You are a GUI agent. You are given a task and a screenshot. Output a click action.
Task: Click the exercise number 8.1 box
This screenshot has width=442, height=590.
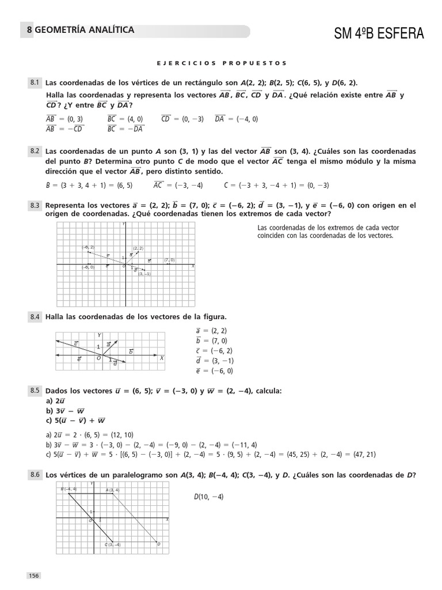pyautogui.click(x=35, y=83)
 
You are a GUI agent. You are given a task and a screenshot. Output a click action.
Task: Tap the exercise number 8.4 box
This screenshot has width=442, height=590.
pyautogui.click(x=35, y=317)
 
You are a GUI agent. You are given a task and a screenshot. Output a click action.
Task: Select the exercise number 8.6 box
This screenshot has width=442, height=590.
pyautogui.click(x=35, y=475)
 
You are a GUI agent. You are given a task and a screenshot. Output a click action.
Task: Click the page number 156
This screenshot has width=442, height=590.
pyautogui.click(x=34, y=576)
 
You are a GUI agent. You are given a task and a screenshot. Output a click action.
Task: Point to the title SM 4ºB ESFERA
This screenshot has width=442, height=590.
pyautogui.click(x=379, y=34)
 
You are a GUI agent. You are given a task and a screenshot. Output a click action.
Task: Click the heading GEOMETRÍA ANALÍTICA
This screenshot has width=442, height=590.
pyautogui.click(x=85, y=30)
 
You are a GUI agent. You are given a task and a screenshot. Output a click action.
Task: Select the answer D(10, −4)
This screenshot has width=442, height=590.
pyautogui.click(x=208, y=497)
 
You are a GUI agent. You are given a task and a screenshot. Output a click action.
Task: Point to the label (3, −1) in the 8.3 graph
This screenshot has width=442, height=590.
pyautogui.click(x=144, y=274)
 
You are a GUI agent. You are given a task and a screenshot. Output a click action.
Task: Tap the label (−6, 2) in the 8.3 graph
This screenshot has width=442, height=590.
pyautogui.click(x=88, y=247)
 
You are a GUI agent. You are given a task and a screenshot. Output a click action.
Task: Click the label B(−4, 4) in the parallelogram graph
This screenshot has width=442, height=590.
pyautogui.click(x=68, y=489)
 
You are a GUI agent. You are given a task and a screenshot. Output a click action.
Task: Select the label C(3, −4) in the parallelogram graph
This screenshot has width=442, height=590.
pyautogui.click(x=112, y=544)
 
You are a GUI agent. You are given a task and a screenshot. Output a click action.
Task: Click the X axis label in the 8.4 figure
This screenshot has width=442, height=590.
pyautogui.click(x=162, y=358)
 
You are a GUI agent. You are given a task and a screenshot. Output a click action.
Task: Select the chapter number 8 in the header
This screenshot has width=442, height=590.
pyautogui.click(x=29, y=31)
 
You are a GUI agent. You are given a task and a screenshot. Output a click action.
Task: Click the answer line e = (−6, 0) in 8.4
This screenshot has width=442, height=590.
pyautogui.click(x=214, y=371)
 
